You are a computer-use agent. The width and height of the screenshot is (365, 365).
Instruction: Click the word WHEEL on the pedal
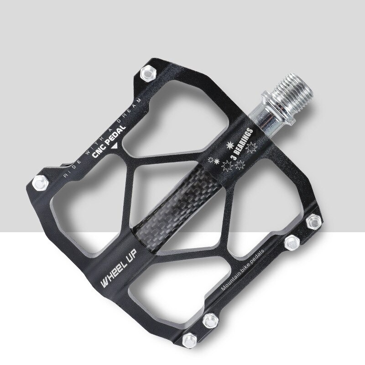pos(112,275)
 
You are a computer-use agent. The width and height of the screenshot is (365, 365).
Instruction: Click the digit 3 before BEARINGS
pos(232,158)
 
